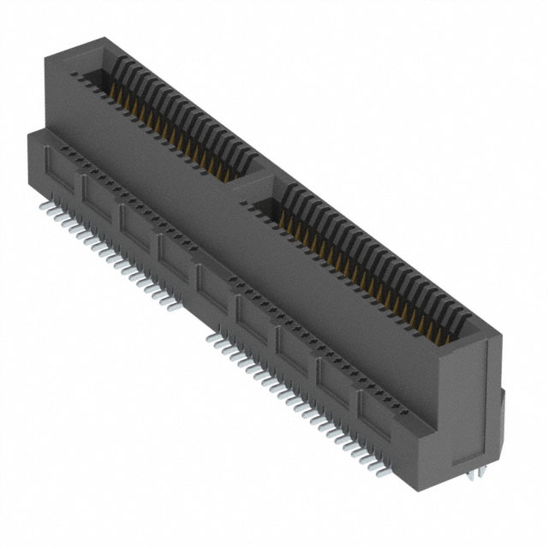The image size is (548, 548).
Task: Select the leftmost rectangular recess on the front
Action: [61, 172]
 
